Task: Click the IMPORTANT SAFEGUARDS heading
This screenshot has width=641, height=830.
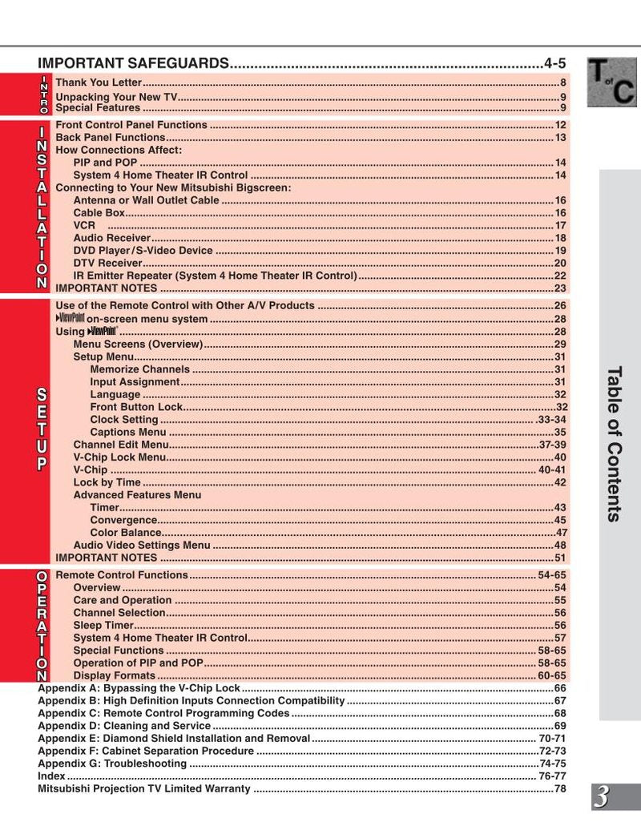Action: click(133, 63)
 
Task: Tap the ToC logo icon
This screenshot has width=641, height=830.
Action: click(611, 83)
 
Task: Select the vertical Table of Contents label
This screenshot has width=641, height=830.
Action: click(615, 444)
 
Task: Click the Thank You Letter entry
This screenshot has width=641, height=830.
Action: click(99, 83)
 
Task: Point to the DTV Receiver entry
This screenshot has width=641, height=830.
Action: click(107, 263)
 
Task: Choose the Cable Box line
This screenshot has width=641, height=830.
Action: click(99, 213)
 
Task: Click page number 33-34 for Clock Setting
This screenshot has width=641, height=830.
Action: click(552, 420)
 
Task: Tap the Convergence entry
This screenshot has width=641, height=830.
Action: click(123, 520)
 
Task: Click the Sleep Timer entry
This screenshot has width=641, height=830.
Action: click(103, 626)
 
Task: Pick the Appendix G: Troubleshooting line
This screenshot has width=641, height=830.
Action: click(112, 764)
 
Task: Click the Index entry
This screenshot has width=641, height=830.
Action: click(51, 776)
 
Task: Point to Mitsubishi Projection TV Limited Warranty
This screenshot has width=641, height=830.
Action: click(144, 789)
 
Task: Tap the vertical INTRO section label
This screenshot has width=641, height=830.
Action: click(44, 95)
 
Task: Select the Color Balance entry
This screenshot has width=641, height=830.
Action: click(126, 533)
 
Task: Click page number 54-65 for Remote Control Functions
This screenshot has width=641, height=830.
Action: click(552, 576)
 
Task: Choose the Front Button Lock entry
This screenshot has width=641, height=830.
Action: click(136, 407)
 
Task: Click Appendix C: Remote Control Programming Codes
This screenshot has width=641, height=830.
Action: click(163, 713)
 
